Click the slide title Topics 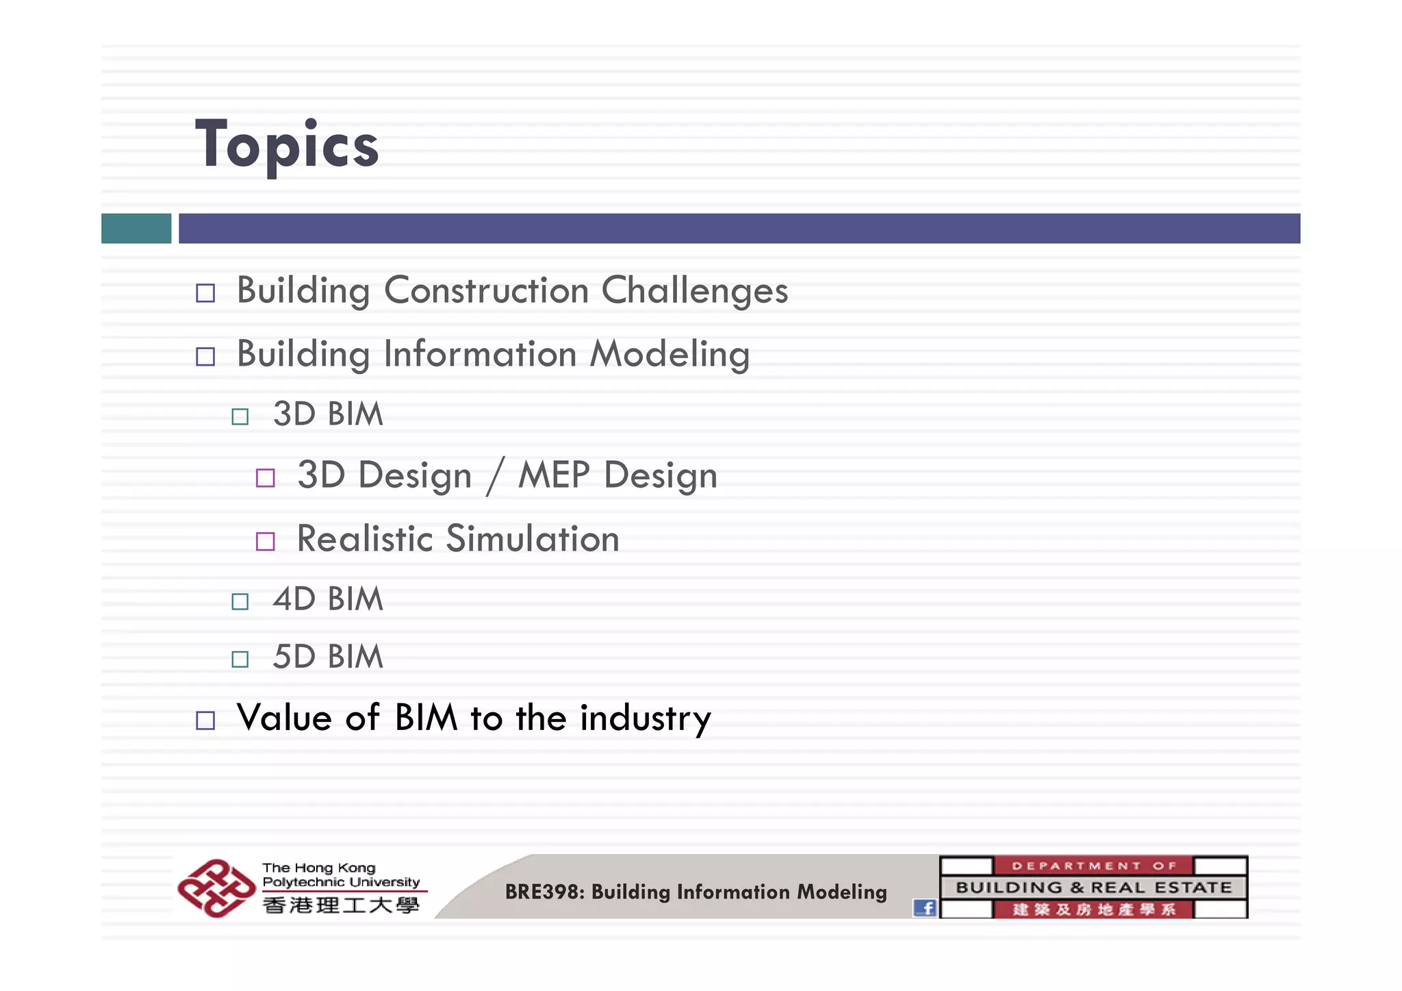[287, 145]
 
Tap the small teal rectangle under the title [136, 228]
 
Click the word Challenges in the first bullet [694, 290]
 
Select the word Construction [486, 290]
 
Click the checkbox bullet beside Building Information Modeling [205, 356]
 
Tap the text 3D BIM [328, 414]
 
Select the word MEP [554, 475]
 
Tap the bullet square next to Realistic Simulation [266, 542]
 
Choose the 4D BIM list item [328, 599]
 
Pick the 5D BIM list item [328, 657]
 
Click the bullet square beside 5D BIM [240, 659]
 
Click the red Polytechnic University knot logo [215, 888]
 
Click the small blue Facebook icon [925, 908]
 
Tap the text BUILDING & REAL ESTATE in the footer [1093, 888]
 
